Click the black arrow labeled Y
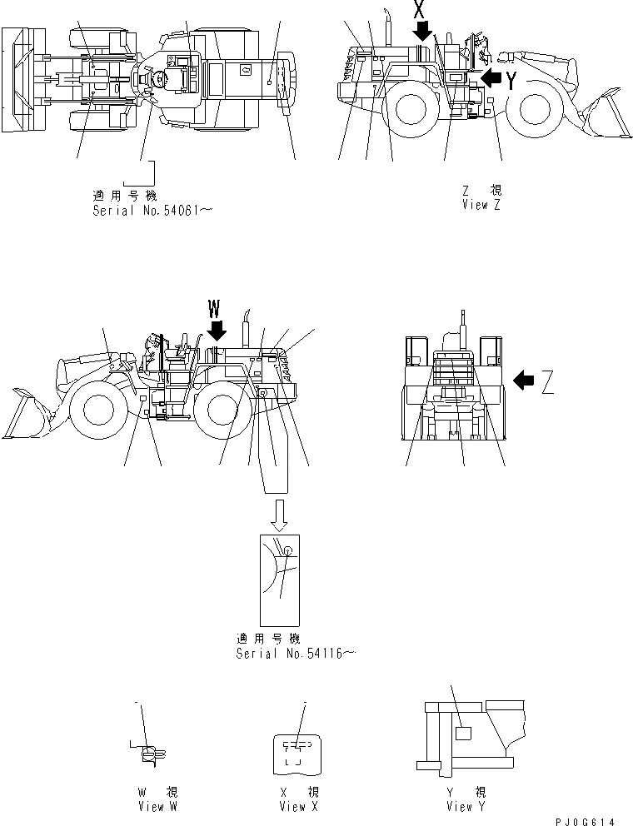tap(494, 78)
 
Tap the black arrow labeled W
tap(216, 331)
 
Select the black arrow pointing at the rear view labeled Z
tap(525, 381)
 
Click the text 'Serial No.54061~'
tap(152, 211)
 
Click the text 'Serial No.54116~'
tap(296, 654)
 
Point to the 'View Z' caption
tap(481, 205)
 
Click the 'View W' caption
tap(157, 806)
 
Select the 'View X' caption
tap(299, 806)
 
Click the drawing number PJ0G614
tap(587, 820)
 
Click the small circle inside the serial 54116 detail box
tap(287, 550)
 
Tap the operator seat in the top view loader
tap(158, 80)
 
